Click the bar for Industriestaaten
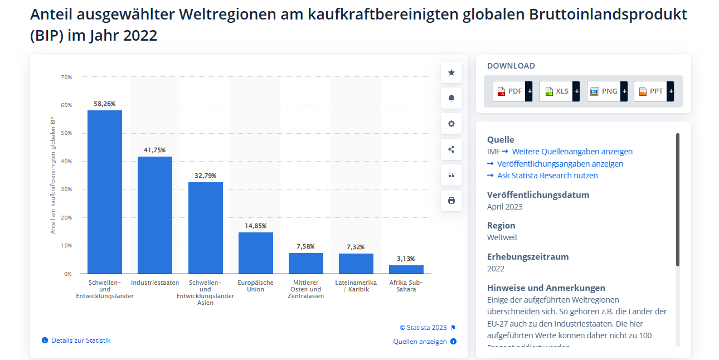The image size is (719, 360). tap(155, 215)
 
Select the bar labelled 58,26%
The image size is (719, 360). tap(105, 192)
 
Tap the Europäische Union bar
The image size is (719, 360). tap(256, 252)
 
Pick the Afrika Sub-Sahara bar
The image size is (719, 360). tap(406, 270)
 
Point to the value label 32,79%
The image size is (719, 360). tap(205, 176)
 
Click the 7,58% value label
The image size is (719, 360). tap(305, 246)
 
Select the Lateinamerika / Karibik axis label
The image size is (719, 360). tap(356, 286)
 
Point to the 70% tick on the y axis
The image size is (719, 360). tap(66, 77)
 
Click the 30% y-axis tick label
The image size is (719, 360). tap(66, 189)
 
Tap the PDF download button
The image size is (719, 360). tap(512, 91)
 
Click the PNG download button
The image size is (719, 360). tap(606, 91)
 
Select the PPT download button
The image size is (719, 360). tap(653, 91)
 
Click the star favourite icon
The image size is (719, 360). tap(451, 72)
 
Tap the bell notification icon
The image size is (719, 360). tap(451, 98)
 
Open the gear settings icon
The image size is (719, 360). tap(451, 124)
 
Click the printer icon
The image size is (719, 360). tap(451, 201)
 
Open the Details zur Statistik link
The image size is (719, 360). tap(80, 340)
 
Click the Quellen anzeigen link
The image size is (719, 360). tap(420, 342)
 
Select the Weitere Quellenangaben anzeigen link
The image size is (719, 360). tap(572, 152)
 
